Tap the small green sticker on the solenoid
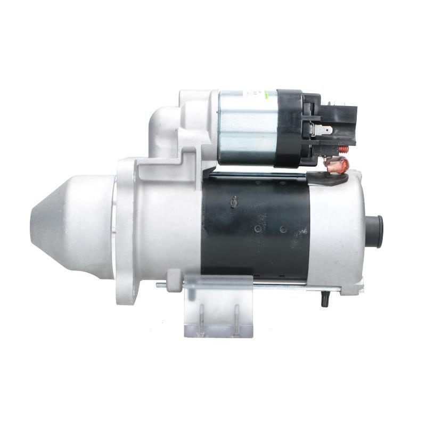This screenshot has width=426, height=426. [273, 94]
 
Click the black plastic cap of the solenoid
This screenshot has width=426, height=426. [290, 128]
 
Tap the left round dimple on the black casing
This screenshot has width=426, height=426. [257, 229]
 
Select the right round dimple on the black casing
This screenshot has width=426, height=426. [283, 229]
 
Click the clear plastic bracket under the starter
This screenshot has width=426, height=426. [218, 309]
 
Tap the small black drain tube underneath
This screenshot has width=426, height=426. [323, 300]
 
